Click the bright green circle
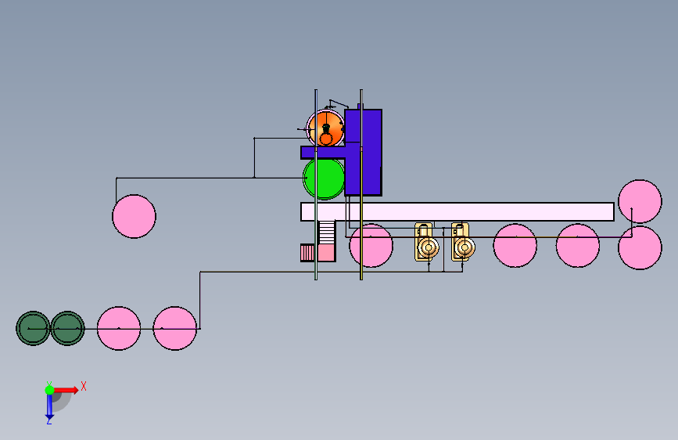[324, 178]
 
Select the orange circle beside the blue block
[325, 128]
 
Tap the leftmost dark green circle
[33, 328]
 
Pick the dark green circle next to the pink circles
[67, 328]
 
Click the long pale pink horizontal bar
[457, 211]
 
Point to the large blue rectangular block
[363, 153]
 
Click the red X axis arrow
[66, 390]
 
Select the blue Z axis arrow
[49, 406]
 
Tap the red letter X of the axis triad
[84, 386]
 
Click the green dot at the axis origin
[49, 390]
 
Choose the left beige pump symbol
[426, 242]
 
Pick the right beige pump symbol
[463, 242]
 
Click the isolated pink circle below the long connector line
[134, 216]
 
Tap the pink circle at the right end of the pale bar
[640, 201]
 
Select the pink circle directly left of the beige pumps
[371, 246]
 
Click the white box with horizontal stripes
[327, 233]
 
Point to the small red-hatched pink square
[307, 253]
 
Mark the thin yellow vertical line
[361, 185]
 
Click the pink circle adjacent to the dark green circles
[119, 328]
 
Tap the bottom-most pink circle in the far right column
[640, 247]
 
